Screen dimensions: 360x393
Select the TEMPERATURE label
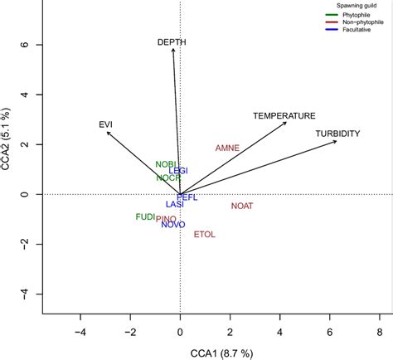pos(284,115)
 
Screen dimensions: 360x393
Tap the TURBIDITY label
pos(337,134)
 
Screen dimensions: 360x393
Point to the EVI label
pos(105,124)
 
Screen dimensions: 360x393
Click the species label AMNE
pos(227,148)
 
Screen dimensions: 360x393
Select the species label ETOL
pos(204,235)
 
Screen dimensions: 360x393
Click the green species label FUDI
pos(146,216)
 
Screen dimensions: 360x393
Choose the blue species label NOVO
pos(173,225)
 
